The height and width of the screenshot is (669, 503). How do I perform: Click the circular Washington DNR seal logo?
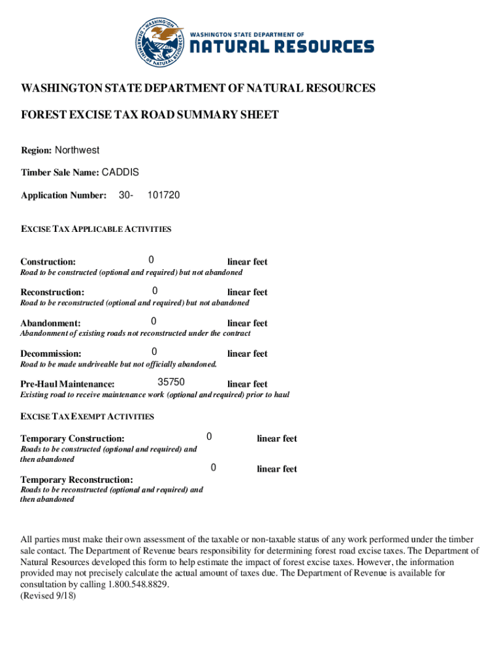click(x=160, y=42)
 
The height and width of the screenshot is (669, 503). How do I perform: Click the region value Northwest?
click(x=77, y=150)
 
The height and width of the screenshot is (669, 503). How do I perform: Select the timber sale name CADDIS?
click(x=120, y=172)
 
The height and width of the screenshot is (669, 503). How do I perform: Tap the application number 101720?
click(x=163, y=195)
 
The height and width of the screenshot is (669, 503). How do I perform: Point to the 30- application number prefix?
click(x=127, y=195)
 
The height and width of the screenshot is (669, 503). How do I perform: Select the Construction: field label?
click(x=48, y=262)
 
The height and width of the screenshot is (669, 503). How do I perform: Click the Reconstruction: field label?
click(x=52, y=293)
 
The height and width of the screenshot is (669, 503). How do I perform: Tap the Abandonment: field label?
click(x=50, y=323)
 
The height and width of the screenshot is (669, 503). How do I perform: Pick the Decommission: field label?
click(x=51, y=354)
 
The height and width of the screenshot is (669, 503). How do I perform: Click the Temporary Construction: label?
click(x=73, y=439)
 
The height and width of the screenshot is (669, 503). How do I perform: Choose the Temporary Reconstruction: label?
click(x=76, y=480)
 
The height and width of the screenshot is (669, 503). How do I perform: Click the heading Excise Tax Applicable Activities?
click(x=96, y=229)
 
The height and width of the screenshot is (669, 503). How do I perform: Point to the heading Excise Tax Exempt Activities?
click(x=87, y=416)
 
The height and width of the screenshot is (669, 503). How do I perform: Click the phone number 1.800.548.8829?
click(x=137, y=585)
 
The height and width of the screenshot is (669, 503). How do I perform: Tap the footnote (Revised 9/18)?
click(x=48, y=596)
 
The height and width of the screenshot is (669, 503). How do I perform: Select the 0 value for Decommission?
click(x=154, y=352)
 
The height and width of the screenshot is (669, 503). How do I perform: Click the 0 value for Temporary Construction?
click(x=209, y=436)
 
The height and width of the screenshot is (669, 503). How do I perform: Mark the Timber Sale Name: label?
click(x=59, y=173)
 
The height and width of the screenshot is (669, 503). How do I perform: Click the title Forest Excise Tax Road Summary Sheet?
click(x=150, y=115)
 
